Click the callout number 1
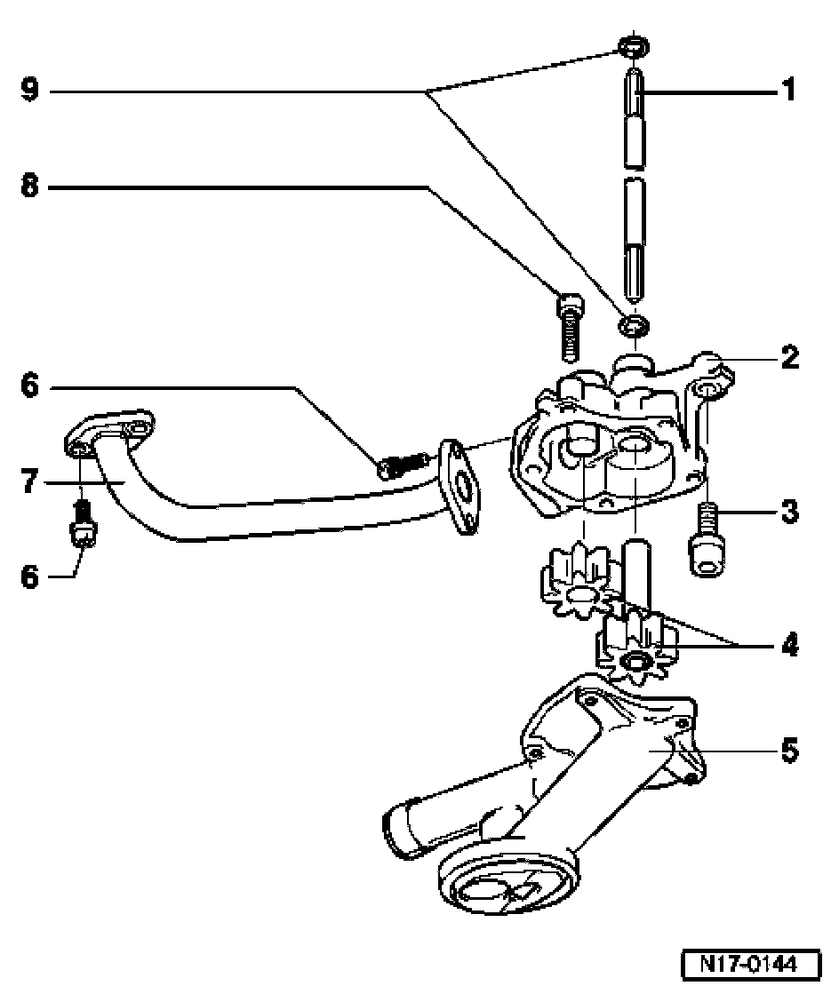coord(787,91)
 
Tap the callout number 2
coord(787,358)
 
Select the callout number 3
coord(787,513)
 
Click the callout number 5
coord(787,751)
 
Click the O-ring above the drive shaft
coord(632,46)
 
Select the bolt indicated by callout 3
coord(707,541)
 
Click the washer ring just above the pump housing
coord(635,325)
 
